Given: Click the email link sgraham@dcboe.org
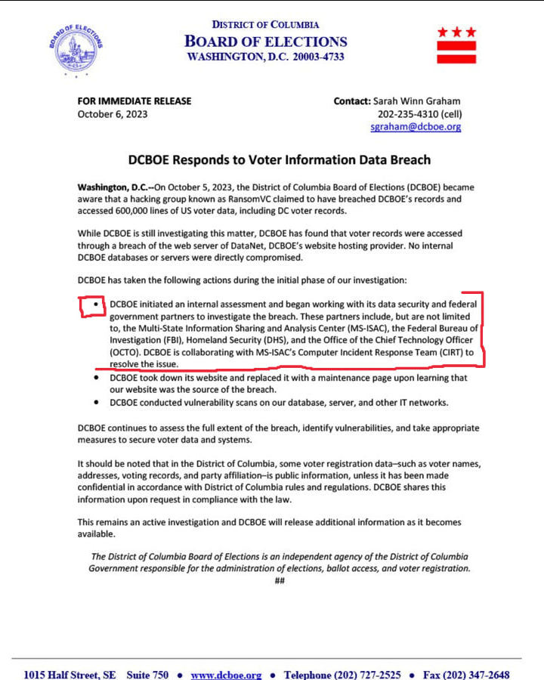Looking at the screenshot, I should (x=416, y=127).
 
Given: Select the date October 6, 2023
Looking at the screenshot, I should (x=113, y=115).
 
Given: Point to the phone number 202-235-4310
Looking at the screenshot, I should (x=408, y=115).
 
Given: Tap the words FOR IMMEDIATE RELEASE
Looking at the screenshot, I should (x=134, y=101).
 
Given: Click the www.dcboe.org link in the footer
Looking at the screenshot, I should (x=226, y=675).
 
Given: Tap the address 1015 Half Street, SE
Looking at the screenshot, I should (x=70, y=675).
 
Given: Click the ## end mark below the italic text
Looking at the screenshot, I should (x=279, y=581).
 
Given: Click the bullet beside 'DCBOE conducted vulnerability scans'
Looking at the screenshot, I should (x=95, y=402).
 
